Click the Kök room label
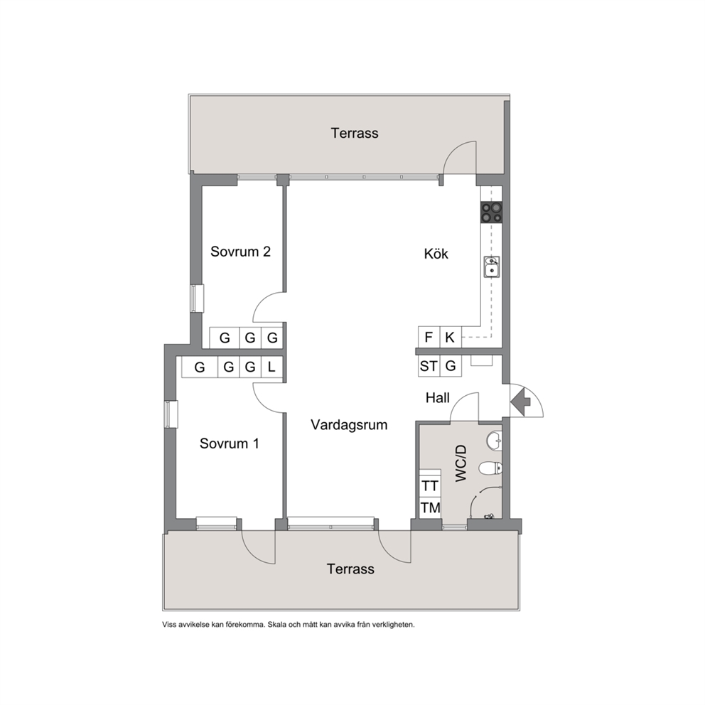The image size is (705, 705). click(x=436, y=254)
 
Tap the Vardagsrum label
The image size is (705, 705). click(x=349, y=425)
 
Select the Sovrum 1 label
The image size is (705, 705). click(x=230, y=443)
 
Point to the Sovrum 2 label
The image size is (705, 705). click(x=240, y=252)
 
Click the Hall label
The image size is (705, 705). click(x=438, y=398)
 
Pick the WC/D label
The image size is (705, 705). click(x=461, y=463)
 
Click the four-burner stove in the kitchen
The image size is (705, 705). click(x=491, y=212)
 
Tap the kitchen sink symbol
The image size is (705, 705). click(x=492, y=267)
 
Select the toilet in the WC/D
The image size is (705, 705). click(x=490, y=468)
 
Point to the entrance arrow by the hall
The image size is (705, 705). click(x=521, y=399)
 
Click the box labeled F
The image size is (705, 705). click(x=429, y=337)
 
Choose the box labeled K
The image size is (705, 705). click(x=450, y=337)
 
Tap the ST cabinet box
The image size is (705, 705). click(x=429, y=366)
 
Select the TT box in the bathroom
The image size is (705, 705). click(x=430, y=486)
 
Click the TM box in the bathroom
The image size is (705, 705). click(x=430, y=507)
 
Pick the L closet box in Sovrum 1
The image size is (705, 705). click(x=271, y=367)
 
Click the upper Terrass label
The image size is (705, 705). click(x=355, y=133)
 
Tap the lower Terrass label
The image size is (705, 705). click(x=350, y=569)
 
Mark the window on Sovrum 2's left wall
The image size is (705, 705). click(x=196, y=298)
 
